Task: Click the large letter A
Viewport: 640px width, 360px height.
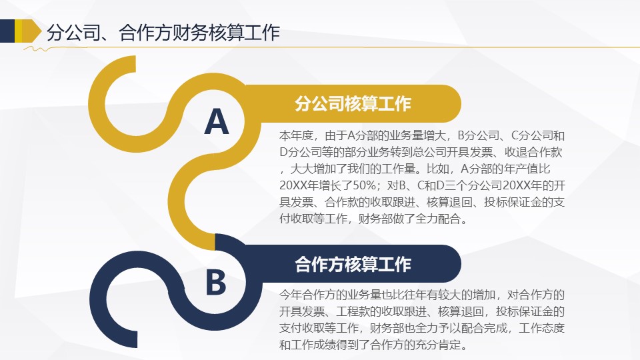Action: tap(217, 122)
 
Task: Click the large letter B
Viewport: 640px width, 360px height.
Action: tap(215, 282)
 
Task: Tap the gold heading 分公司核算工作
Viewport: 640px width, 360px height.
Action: tap(353, 104)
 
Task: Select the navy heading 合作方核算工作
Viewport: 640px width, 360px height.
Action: tap(353, 264)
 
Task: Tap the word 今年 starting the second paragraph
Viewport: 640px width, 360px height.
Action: tap(291, 295)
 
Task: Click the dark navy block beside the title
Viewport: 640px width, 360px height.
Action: tap(7, 31)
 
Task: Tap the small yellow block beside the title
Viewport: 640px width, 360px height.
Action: tap(19, 31)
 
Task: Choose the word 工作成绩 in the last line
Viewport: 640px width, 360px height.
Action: tap(319, 345)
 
